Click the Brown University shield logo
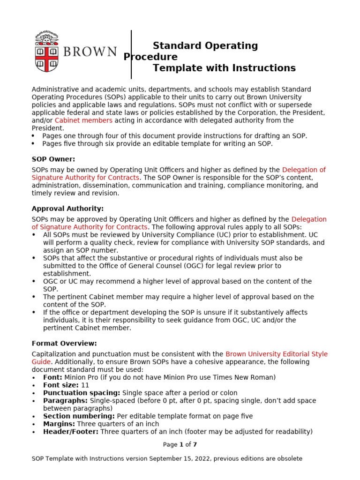46,52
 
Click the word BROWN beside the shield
90,52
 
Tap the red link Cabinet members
83,120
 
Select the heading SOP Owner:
53,159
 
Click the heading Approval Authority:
67,209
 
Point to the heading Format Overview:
64,343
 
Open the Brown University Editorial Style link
276,354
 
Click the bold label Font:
52,377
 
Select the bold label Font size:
61,385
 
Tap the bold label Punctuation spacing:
82,393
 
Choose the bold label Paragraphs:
65,401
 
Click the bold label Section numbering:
79,416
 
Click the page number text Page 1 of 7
180,444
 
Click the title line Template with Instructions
224,68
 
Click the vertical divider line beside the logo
131,54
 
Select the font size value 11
85,385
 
